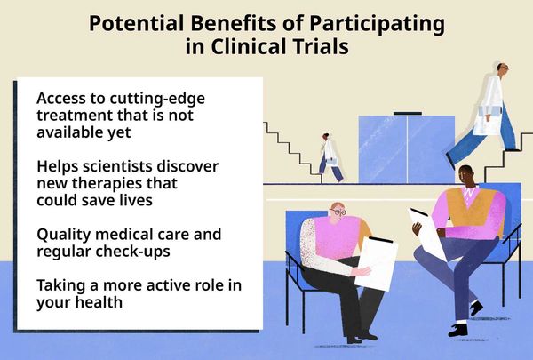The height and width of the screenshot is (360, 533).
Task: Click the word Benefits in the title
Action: tap(234, 23)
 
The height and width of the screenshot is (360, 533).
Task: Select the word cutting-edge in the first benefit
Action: tap(157, 99)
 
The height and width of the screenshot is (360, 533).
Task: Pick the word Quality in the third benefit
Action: tap(63, 235)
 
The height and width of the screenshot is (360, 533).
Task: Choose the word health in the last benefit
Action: tap(99, 302)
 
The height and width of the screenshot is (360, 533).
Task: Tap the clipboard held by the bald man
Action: tap(376, 263)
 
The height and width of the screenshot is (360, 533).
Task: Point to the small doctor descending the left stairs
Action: tap(330, 157)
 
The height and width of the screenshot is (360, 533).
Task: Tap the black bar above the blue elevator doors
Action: tap(408, 113)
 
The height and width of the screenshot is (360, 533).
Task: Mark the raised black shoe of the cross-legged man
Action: tap(476, 308)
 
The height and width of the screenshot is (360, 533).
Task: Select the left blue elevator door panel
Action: tap(383, 149)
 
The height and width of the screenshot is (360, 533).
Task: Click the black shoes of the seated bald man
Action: tap(362, 337)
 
